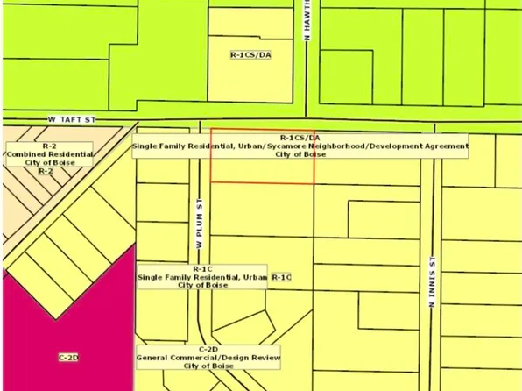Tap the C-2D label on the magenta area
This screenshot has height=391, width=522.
click(68, 358)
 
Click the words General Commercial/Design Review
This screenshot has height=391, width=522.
click(208, 357)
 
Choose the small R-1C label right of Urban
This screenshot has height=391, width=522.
click(281, 277)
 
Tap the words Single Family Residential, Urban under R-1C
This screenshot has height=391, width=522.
click(202, 277)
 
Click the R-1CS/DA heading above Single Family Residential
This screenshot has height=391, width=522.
click(300, 138)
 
